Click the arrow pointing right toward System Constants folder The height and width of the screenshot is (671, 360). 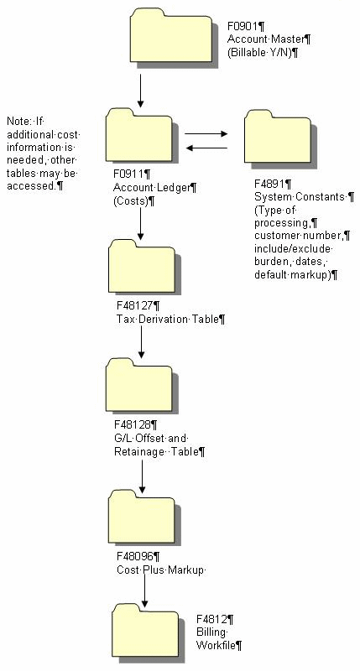206,133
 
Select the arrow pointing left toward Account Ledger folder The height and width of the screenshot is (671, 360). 206,148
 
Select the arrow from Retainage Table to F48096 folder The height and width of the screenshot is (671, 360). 142,475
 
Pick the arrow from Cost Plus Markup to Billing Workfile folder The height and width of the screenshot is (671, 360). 145,591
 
